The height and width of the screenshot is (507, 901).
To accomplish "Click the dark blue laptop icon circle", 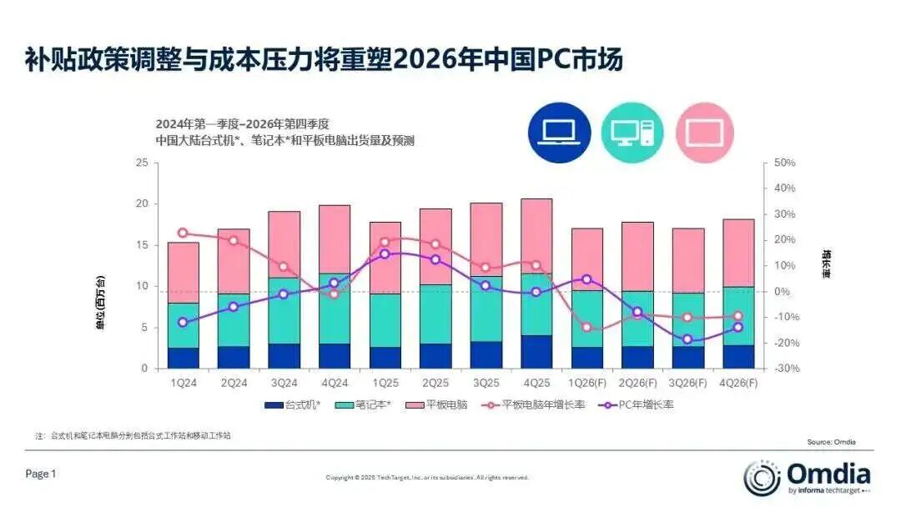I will pyautogui.click(x=559, y=131).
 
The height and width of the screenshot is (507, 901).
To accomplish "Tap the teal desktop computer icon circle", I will pyautogui.click(x=632, y=131).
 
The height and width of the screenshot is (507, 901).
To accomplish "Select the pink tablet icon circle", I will pyautogui.click(x=705, y=132).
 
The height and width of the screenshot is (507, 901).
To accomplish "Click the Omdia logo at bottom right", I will pyautogui.click(x=807, y=477).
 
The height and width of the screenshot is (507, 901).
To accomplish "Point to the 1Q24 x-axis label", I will pyautogui.click(x=184, y=383).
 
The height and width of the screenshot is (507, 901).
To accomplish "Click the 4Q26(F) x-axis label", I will pyautogui.click(x=737, y=383).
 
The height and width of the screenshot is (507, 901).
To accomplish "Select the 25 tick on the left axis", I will pyautogui.click(x=141, y=163).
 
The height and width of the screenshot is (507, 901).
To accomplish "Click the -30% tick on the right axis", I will pyautogui.click(x=786, y=369).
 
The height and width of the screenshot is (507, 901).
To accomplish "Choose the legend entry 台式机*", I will pyautogui.click(x=291, y=404).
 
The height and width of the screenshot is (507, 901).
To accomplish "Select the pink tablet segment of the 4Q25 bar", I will pyautogui.click(x=536, y=236).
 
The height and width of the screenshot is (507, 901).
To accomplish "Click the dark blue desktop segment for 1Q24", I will pyautogui.click(x=184, y=358).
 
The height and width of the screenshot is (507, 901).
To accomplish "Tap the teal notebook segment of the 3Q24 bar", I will pyautogui.click(x=284, y=310).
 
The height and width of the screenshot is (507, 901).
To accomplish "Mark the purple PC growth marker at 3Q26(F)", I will pyautogui.click(x=687, y=339).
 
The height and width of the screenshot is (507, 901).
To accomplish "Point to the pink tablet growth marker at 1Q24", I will pyautogui.click(x=184, y=233).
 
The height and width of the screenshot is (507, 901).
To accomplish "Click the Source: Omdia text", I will pyautogui.click(x=831, y=442).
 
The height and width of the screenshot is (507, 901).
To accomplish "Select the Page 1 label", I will pyautogui.click(x=41, y=474).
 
